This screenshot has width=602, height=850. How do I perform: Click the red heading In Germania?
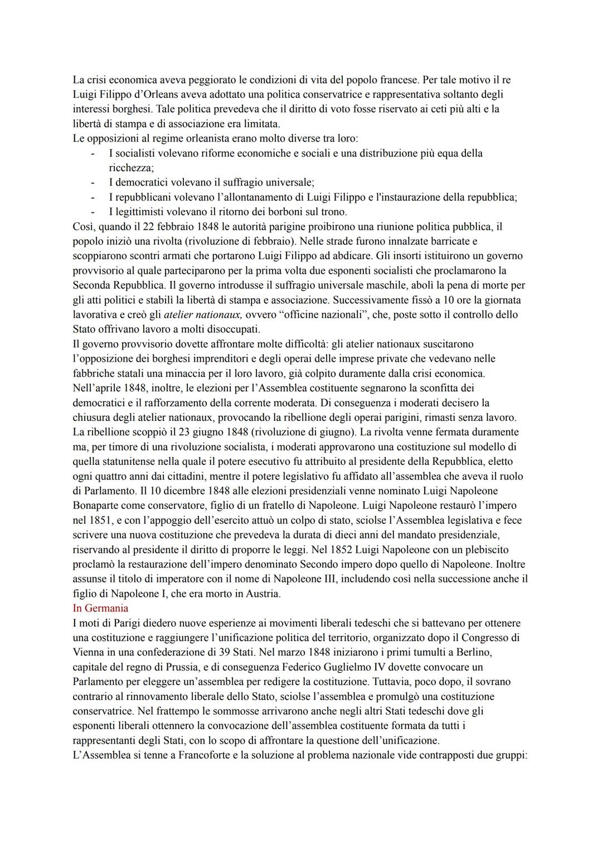pyautogui.click(x=100, y=608)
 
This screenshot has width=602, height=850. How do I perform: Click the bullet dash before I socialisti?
pyautogui.click(x=93, y=153)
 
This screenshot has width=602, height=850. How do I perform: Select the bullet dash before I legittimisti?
pyautogui.click(x=93, y=212)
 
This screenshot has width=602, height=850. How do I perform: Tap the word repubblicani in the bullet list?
pyautogui.click(x=143, y=197)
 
